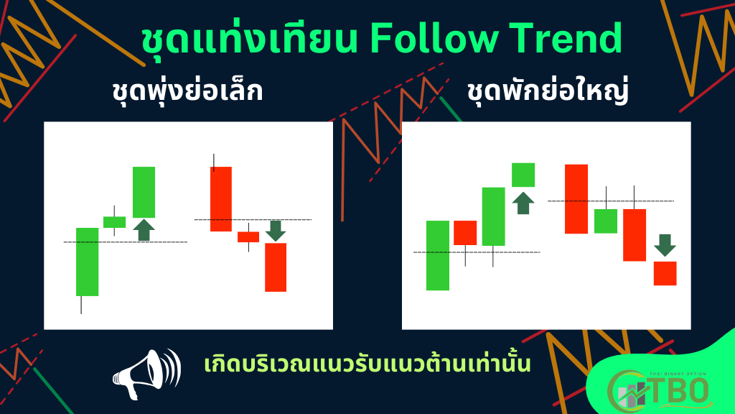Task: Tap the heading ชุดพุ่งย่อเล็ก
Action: tap(187, 91)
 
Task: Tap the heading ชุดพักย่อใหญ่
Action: tap(548, 91)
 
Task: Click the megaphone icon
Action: tap(146, 374)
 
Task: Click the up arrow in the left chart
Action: tap(144, 230)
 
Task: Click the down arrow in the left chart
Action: tap(276, 231)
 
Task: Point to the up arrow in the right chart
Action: tap(523, 203)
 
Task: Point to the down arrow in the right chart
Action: tap(665, 245)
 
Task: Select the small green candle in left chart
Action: tap(114, 221)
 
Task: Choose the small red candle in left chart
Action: tap(248, 237)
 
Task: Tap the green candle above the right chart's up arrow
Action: tap(523, 175)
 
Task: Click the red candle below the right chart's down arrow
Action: tap(665, 273)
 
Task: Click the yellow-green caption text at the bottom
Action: tap(367, 364)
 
